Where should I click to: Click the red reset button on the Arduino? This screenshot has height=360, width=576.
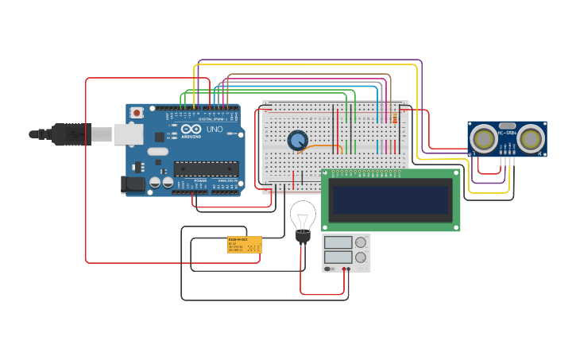point(137,113)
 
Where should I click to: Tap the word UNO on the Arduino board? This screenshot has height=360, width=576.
point(215,129)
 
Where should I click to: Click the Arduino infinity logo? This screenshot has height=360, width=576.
point(191,129)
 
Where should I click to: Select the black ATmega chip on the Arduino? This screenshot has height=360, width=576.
point(206,168)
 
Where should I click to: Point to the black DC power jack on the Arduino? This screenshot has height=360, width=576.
point(133,184)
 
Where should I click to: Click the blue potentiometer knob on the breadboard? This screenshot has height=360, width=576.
point(298,141)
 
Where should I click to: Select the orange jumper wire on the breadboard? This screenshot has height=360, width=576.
point(321,146)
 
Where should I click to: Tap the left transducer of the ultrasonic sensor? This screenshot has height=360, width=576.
point(483,139)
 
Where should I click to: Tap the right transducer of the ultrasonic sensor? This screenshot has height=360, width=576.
point(530,139)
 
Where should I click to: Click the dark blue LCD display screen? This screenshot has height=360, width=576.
point(390,199)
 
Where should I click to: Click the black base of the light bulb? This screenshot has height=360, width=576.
point(303,236)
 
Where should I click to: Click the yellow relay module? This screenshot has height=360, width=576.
point(244,245)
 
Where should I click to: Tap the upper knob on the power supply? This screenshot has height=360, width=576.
point(360,242)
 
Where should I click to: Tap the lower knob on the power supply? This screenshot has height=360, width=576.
point(360,257)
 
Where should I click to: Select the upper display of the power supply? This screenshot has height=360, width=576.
point(338,242)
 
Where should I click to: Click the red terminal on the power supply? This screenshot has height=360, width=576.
point(344,269)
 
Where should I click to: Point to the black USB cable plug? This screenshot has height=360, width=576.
point(72,134)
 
